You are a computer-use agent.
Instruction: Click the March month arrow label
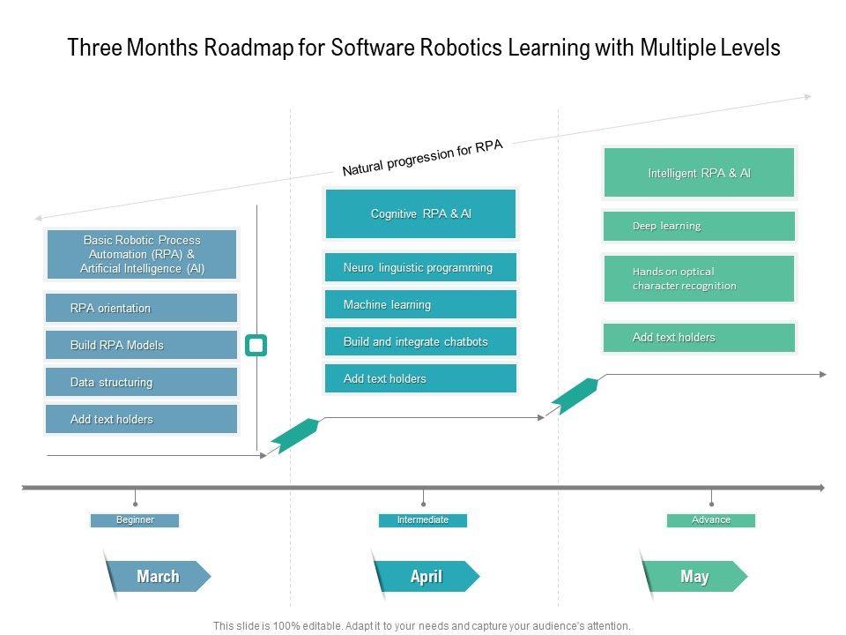[158, 577]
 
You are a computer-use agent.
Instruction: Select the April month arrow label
[427, 577]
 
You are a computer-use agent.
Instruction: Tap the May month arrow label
[694, 577]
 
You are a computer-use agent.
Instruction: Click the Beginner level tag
[135, 520]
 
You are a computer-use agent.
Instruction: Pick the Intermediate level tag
[423, 520]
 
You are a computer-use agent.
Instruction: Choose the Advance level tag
[711, 520]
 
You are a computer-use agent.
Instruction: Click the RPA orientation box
[141, 308]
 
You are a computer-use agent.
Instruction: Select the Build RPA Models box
[141, 345]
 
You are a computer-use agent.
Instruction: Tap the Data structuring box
[141, 382]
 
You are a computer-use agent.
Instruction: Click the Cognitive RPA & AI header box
[421, 213]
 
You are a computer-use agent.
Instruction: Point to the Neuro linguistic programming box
[421, 267]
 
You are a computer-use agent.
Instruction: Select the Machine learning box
[421, 304]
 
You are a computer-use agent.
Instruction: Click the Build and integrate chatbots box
[421, 341]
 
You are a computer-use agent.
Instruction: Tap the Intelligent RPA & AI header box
[700, 173]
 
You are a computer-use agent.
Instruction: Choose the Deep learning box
[700, 226]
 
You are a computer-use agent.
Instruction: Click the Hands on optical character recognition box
[700, 279]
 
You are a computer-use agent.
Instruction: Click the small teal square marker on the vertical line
[256, 345]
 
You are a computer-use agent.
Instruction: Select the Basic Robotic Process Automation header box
[141, 254]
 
